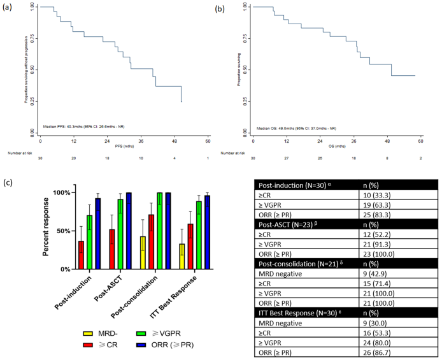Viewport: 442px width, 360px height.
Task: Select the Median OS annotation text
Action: pyautogui.click(x=294, y=128)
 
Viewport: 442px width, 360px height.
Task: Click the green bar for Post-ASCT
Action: pyautogui.click(x=120, y=234)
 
